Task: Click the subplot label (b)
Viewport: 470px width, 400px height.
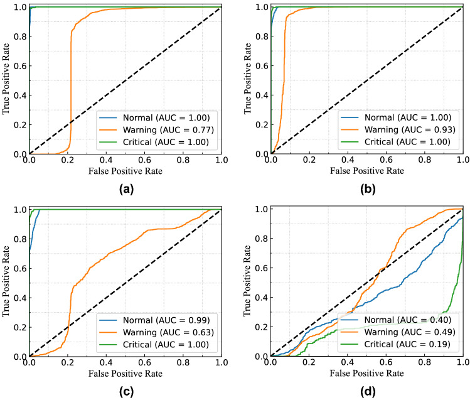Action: point(367,187)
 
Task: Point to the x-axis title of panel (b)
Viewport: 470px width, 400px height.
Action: point(367,171)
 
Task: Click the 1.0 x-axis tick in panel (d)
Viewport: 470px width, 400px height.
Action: point(463,364)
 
